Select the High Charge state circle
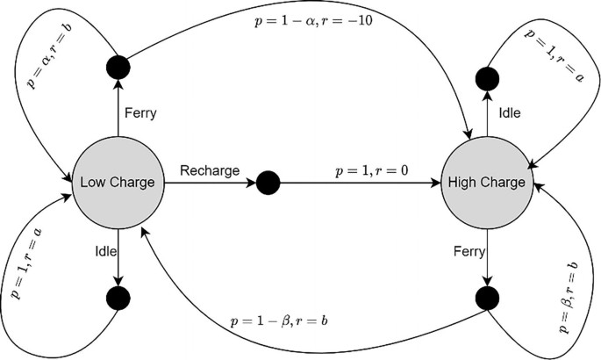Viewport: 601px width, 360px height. [485, 183]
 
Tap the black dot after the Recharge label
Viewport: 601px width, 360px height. [268, 183]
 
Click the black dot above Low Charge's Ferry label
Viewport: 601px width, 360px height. [118, 67]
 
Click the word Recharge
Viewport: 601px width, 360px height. [210, 170]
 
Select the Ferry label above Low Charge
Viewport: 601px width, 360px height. [142, 112]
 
